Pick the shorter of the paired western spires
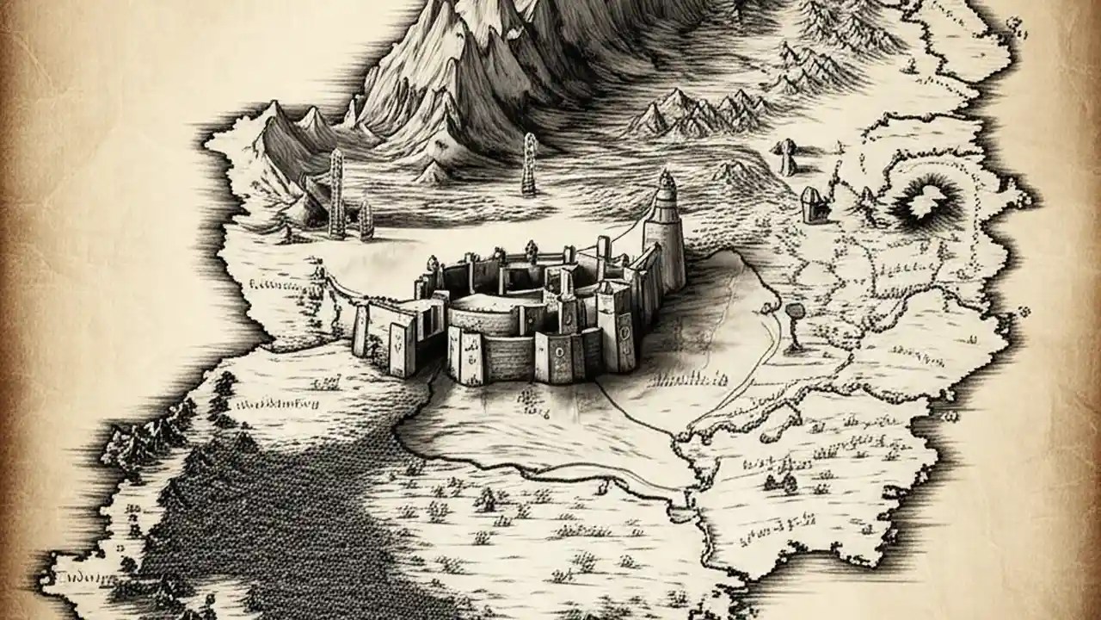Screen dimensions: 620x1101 click(x=366, y=219)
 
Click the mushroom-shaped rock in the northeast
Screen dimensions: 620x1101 click(x=785, y=158)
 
